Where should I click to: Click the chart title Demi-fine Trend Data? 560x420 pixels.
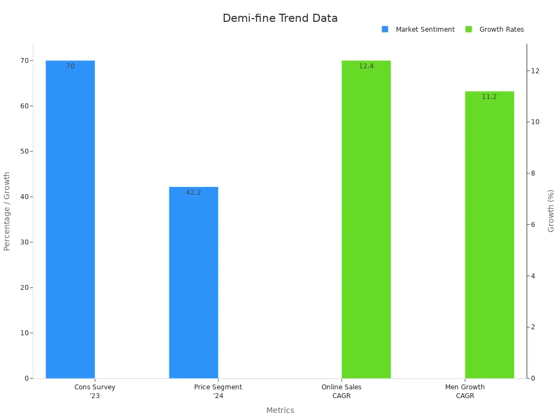pos(280,18)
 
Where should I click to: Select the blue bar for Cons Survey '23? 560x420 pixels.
pos(70,219)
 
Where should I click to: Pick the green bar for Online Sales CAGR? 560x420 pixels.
pos(366,219)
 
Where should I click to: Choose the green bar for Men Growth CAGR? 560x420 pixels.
pos(489,235)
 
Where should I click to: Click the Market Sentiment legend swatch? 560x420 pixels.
pos(385,30)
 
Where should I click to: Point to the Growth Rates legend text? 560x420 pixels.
pos(501,30)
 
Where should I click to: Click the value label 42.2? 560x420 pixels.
pos(194,192)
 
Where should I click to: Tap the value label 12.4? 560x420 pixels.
pos(366,66)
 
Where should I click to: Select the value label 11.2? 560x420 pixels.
pos(489,97)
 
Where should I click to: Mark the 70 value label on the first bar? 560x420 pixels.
pos(71,66)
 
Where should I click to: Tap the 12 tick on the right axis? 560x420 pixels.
pos(535,71)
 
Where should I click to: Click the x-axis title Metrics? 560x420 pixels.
pos(280,410)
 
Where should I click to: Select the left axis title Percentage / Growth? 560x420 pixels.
pos(7,211)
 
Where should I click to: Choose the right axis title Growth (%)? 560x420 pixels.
pos(551,211)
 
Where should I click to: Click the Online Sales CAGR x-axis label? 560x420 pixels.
pos(341,391)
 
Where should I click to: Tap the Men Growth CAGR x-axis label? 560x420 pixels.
pos(465,391)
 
